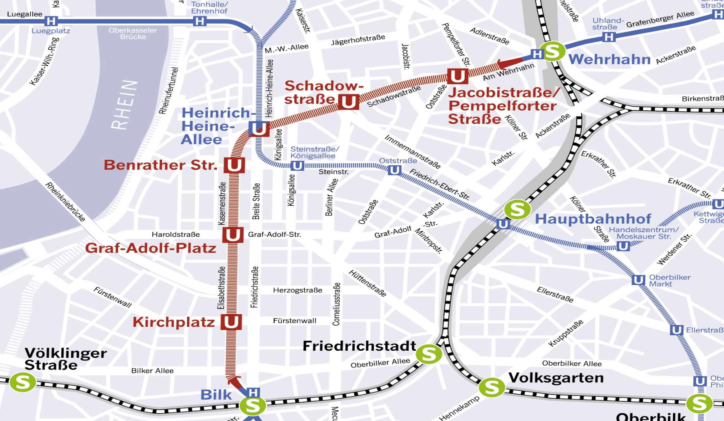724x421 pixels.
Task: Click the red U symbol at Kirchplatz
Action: click(x=231, y=322)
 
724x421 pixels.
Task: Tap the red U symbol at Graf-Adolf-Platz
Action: click(x=233, y=235)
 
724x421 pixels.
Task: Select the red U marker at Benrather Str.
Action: click(x=234, y=165)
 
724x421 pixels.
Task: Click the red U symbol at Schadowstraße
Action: click(x=348, y=101)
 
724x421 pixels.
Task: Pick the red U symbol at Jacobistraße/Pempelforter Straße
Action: click(x=457, y=76)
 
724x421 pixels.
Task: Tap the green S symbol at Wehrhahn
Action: click(x=552, y=52)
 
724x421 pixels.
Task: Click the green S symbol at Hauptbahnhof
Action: click(x=517, y=209)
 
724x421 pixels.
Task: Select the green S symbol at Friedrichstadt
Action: click(x=429, y=354)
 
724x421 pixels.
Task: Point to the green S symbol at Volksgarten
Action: click(x=491, y=387)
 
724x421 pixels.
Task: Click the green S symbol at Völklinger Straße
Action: click(x=22, y=382)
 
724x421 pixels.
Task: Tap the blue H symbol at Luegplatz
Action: click(x=51, y=21)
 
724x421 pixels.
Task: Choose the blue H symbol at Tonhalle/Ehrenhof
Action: click(x=200, y=21)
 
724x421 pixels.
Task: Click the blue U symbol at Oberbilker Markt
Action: click(x=638, y=280)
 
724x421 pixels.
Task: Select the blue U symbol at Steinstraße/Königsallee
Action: click(x=297, y=166)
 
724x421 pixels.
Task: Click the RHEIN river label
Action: click(x=124, y=105)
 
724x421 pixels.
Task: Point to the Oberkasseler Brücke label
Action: click(x=133, y=34)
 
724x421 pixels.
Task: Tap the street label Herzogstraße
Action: click(x=298, y=290)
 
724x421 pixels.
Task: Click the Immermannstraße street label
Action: click(x=412, y=152)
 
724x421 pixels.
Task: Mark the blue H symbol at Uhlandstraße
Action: click(x=609, y=37)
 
